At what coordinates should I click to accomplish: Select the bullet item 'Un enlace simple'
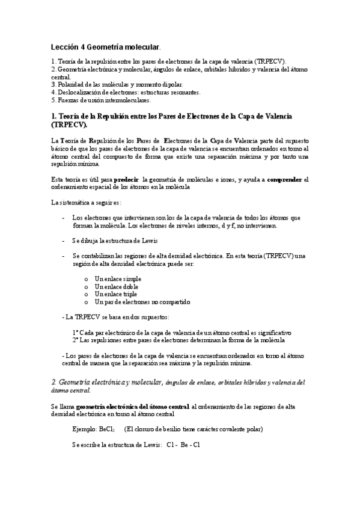tap(118, 279)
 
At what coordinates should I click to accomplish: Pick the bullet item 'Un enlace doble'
tap(117, 287)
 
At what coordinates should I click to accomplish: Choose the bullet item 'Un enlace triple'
tap(117, 294)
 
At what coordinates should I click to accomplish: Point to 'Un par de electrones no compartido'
tap(142, 302)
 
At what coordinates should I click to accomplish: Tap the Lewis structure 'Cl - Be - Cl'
tap(183, 444)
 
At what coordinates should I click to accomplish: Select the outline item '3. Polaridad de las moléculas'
tap(117, 85)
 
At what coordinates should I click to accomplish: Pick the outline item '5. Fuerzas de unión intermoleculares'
tap(101, 100)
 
